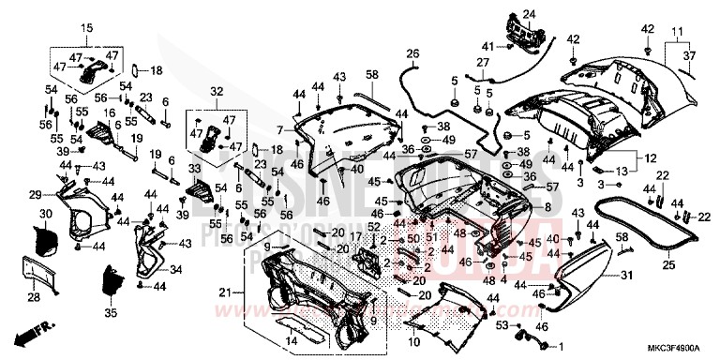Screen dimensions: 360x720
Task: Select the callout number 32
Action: pyautogui.click(x=217, y=91)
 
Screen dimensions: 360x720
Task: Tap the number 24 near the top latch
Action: pyautogui.click(x=528, y=14)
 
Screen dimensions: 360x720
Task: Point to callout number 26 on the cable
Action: pyautogui.click(x=411, y=53)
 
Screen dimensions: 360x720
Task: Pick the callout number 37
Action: pyautogui.click(x=691, y=56)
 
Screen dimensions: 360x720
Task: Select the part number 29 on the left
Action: pyautogui.click(x=35, y=194)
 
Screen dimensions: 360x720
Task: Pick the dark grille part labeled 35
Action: pyautogui.click(x=112, y=280)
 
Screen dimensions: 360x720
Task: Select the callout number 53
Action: pyautogui.click(x=501, y=324)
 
